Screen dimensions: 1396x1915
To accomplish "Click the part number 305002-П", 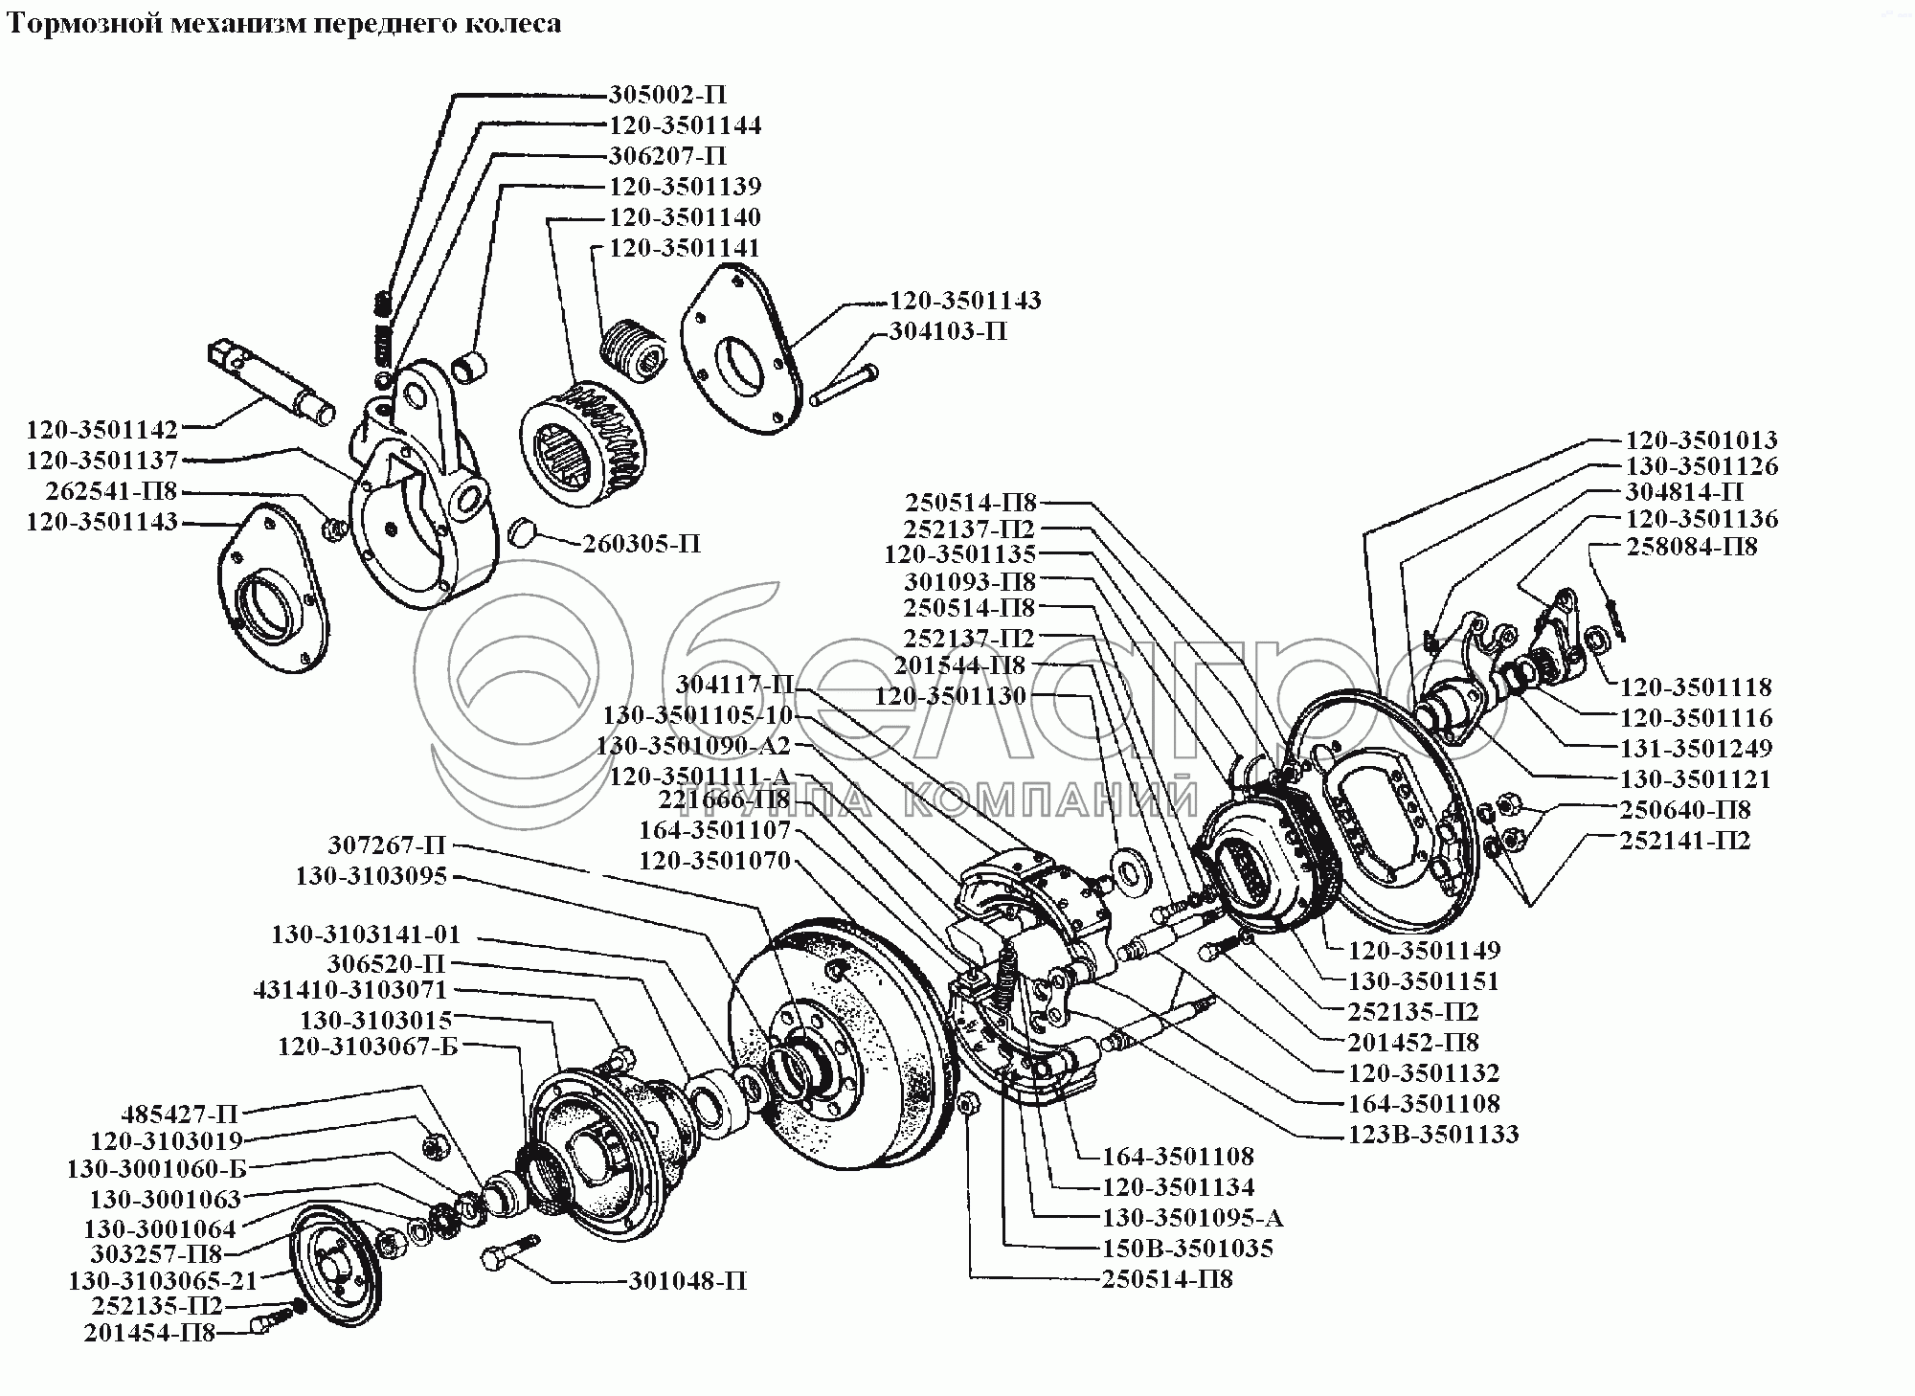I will pos(667,95).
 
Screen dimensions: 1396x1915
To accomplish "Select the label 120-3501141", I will pos(685,248).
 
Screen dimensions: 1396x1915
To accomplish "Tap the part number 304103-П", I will pos(948,331).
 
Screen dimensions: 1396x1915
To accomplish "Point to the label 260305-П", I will pos(642,544).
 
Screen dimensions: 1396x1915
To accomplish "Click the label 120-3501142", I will pos(102,430).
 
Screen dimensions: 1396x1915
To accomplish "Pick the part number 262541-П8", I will pos(111,492).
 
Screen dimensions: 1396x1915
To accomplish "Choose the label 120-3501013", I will pos(1701,440).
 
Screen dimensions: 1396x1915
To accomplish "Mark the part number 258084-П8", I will pos(1692,548).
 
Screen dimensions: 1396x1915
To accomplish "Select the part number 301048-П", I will pos(687,1281).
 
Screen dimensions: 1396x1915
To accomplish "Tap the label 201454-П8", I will pos(149,1333).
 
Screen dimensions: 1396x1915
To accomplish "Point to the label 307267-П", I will pos(387,845).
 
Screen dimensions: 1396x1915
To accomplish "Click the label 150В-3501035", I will pos(1188,1249).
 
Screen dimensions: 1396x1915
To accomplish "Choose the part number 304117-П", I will pos(735,685).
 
